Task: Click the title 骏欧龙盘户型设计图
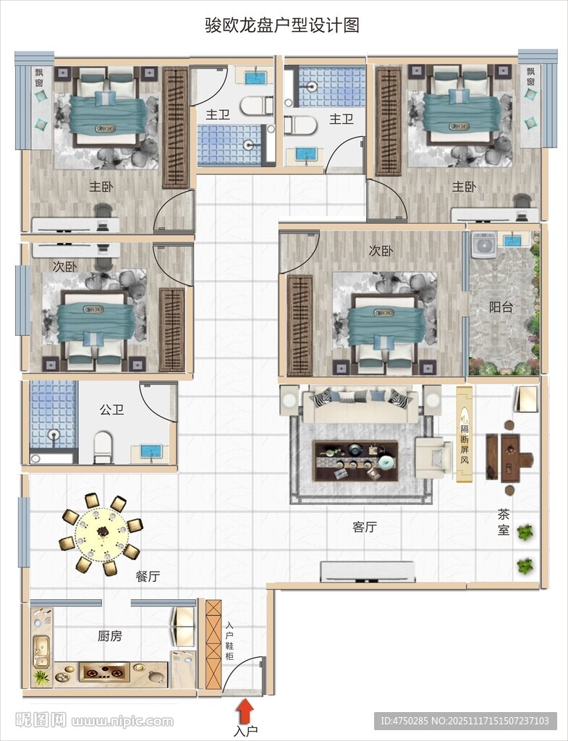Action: click(x=282, y=25)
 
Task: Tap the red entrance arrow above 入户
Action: click(x=245, y=711)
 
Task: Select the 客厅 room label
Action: click(x=365, y=527)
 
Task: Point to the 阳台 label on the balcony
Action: click(x=501, y=307)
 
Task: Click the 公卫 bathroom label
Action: click(x=112, y=410)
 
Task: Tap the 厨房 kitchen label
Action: click(x=110, y=636)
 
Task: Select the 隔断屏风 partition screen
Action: click(x=465, y=434)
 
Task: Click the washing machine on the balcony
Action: click(x=483, y=245)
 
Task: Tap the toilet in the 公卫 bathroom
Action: click(x=103, y=447)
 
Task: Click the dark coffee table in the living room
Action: click(x=356, y=461)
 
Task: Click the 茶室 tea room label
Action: click(x=504, y=522)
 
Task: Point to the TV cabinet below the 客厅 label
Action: click(x=368, y=572)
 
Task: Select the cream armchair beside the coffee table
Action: click(x=433, y=457)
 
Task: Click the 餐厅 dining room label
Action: click(x=148, y=576)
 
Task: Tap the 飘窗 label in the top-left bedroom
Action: click(x=39, y=77)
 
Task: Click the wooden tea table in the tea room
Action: click(x=510, y=457)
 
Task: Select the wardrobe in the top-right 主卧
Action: click(x=389, y=122)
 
